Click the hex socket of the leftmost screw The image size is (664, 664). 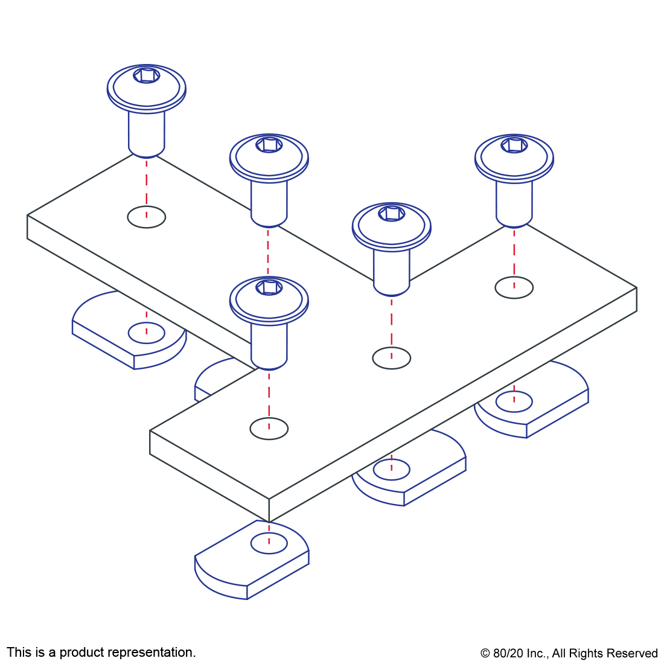[147, 75]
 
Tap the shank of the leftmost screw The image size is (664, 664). [147, 133]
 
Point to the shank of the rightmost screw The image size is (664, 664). [514, 202]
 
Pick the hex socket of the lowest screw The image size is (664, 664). [269, 287]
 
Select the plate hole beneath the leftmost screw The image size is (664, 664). [147, 217]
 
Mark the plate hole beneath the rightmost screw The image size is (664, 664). [514, 288]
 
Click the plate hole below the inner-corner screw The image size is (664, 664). [392, 359]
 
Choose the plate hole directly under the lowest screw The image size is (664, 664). [269, 429]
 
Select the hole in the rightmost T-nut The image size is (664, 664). [514, 402]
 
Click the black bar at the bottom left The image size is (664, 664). [101, 653]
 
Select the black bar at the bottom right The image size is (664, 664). [569, 654]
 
